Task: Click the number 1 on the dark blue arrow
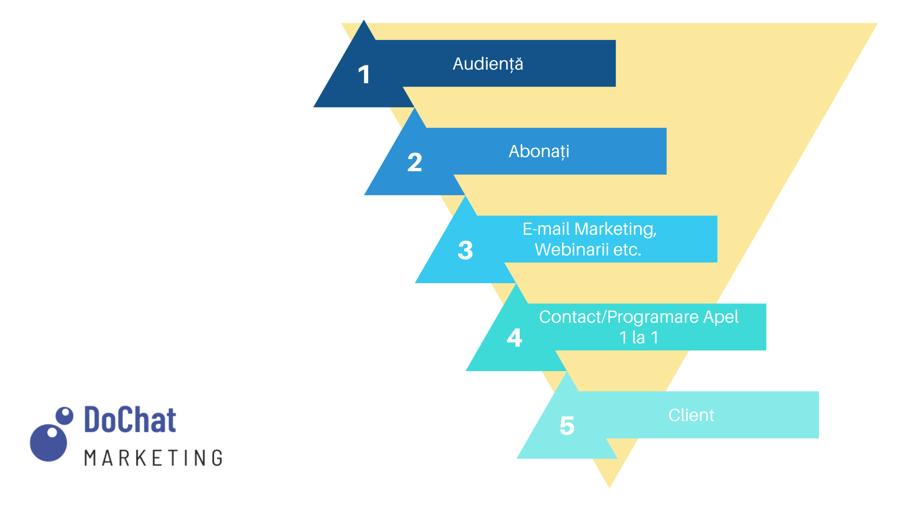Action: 364,74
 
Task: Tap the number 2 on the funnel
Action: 414,162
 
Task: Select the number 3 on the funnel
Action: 465,250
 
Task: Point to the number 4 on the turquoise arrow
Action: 515,338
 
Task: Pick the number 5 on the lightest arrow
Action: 567,426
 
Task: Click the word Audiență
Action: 488,64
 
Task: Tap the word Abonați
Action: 539,151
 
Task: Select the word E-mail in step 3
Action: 546,229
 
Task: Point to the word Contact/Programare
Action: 619,317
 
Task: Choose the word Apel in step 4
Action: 721,317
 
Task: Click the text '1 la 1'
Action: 639,338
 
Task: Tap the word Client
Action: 691,415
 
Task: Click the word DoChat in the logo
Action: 130,420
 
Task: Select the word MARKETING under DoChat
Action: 153,458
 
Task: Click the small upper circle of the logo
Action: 64,416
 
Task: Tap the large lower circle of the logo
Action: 48,443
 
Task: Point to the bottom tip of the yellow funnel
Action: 610,488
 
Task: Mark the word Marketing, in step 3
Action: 616,230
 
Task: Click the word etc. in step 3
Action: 627,250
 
